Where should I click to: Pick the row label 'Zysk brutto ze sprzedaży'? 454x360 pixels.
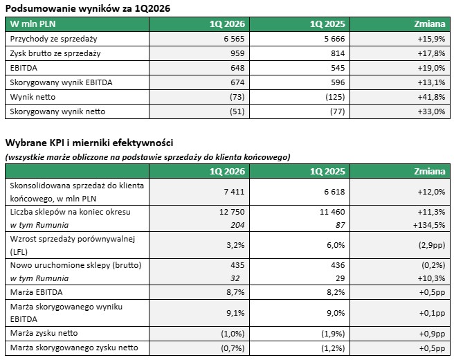coord(55,53)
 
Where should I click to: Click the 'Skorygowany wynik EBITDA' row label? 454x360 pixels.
coord(61,82)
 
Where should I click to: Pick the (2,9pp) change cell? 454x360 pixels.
coord(431,244)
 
